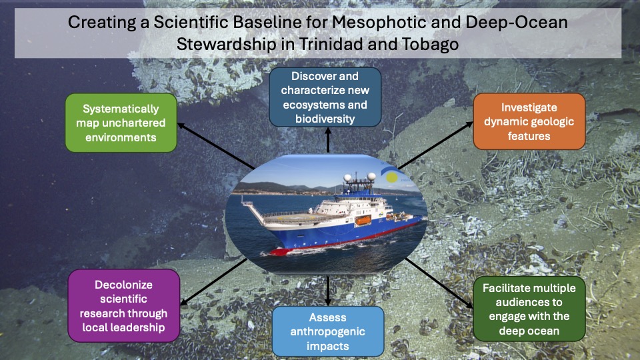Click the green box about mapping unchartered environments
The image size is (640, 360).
coord(121,123)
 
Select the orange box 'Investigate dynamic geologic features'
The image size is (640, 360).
coord(529,121)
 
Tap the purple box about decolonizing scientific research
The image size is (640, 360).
coord(124,306)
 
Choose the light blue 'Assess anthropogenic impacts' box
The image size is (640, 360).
coord(328,331)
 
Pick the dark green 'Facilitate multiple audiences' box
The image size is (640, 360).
coord(529,309)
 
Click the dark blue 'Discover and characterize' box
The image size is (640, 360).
coord(325,97)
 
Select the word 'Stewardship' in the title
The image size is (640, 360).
coord(227,44)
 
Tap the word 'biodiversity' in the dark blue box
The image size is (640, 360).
coord(325,119)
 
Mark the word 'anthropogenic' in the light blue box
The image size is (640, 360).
coord(328,331)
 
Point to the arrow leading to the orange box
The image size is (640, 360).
coord(435,146)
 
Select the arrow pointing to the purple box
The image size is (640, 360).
coord(213,282)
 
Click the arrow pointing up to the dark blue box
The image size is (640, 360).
coord(328,140)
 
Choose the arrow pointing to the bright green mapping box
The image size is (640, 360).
coord(216,146)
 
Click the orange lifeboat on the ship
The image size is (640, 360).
coord(363,221)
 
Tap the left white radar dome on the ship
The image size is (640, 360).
coord(348,178)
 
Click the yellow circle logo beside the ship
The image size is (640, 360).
coord(392,177)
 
